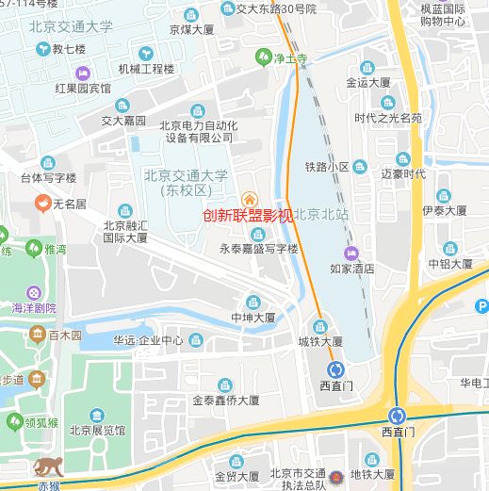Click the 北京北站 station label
pyautogui.click(x=321, y=215)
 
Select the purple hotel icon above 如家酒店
pyautogui.click(x=351, y=252)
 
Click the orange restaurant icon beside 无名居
pyautogui.click(x=42, y=204)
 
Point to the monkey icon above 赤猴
pyautogui.click(x=47, y=466)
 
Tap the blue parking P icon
pyautogui.click(x=481, y=305)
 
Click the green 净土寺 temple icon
pyautogui.click(x=266, y=58)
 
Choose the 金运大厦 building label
pyautogui.click(x=368, y=82)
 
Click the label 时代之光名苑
pyautogui.click(x=388, y=118)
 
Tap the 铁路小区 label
pyautogui.click(x=327, y=167)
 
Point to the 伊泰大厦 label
pyautogui.click(x=445, y=210)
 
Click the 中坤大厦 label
pyautogui.click(x=253, y=319)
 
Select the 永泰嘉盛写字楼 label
pyautogui.click(x=258, y=249)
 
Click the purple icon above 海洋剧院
pyautogui.click(x=34, y=292)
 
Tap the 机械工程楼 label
pyautogui.click(x=146, y=69)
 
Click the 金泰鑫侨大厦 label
pyautogui.click(x=225, y=400)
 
